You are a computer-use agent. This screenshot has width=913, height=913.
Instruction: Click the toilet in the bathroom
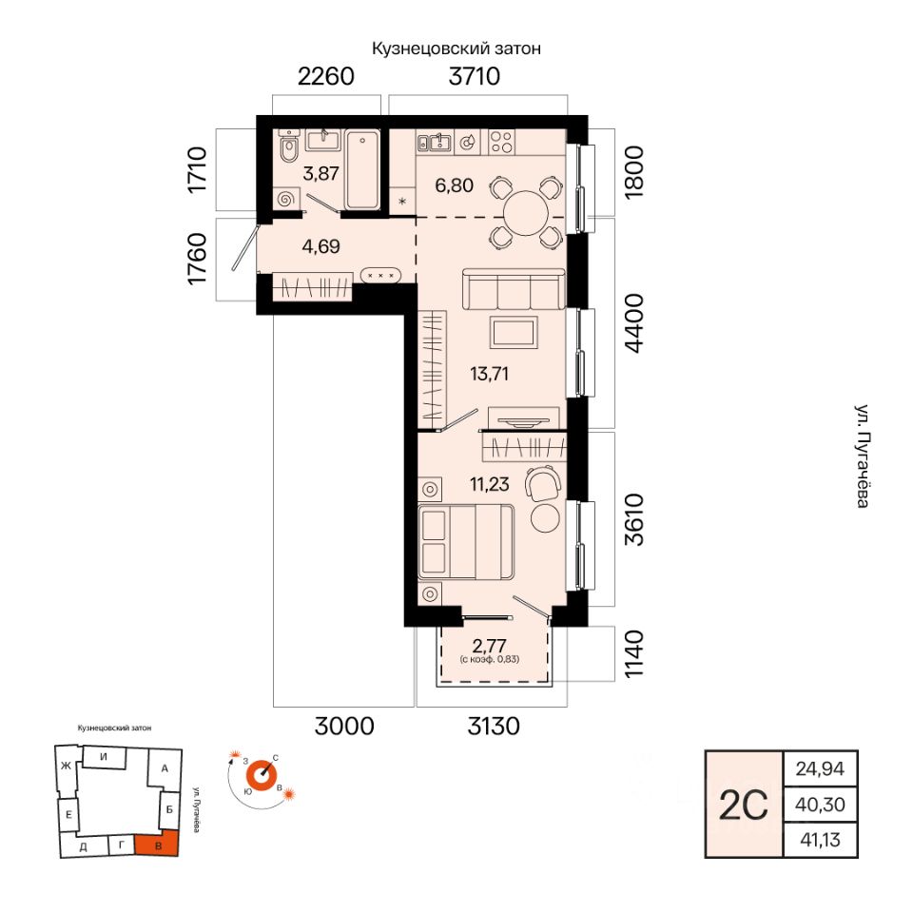287,149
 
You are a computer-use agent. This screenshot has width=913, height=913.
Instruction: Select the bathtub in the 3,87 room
362,169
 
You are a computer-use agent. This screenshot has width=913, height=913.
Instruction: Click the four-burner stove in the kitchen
501,142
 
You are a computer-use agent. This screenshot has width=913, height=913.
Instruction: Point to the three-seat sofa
514,288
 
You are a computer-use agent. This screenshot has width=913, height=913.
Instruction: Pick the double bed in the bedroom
466,542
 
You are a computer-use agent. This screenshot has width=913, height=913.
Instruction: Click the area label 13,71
489,374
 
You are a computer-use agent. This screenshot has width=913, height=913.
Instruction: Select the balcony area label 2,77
489,646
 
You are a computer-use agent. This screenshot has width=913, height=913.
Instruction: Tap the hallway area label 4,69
321,246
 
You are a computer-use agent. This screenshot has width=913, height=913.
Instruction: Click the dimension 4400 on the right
634,323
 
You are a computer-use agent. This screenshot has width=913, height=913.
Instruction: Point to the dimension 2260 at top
326,76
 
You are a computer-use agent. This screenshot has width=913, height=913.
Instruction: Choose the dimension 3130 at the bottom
494,726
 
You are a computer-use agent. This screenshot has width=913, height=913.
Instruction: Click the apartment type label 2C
744,806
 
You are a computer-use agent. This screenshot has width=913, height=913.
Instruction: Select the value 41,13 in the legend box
821,840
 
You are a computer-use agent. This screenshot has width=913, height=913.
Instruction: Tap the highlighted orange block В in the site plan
157,845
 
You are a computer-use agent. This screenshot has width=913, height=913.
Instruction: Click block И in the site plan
104,757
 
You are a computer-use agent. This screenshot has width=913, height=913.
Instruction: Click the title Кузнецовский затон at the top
456,49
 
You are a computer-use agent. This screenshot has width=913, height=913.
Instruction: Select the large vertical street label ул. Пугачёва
863,456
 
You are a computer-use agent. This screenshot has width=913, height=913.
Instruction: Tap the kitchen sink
435,142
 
